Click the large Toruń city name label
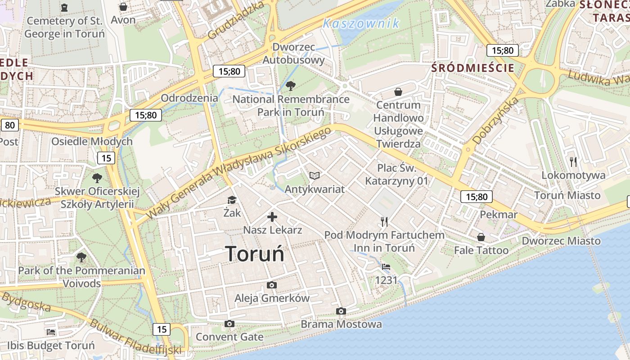pos(255,254)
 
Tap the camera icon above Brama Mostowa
pos(341,311)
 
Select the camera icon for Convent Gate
pos(229,324)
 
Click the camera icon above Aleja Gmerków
pos(272,285)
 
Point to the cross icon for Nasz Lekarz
pos(272,217)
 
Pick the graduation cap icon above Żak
pos(232,200)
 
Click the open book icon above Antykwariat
pos(315,176)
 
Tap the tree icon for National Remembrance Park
pos(291,85)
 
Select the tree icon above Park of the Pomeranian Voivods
pos(81,257)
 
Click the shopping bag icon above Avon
pos(123,7)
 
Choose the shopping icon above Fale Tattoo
pos(481,237)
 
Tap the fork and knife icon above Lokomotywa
pos(573,162)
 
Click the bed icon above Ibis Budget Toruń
pos(51,332)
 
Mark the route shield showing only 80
pos(10,125)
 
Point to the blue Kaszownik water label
pos(361,23)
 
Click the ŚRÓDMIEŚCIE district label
pos(472,68)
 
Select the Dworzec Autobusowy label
pos(293,54)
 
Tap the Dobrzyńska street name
pos(495,121)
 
